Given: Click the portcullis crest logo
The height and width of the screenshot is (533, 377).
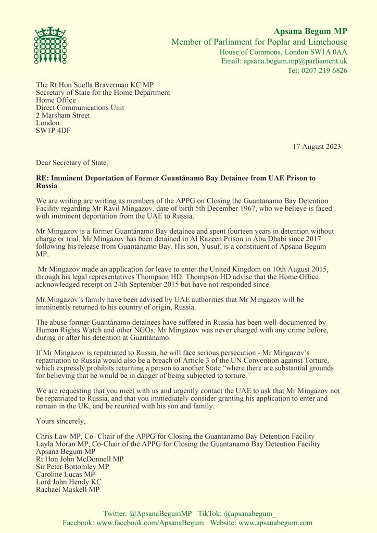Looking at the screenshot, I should [50, 46].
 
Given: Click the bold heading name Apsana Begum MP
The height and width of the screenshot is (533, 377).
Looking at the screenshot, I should [310, 32].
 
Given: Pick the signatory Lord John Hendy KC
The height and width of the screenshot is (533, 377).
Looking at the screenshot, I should [68, 482].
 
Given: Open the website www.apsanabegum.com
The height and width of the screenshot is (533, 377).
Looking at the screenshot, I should [275, 522].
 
